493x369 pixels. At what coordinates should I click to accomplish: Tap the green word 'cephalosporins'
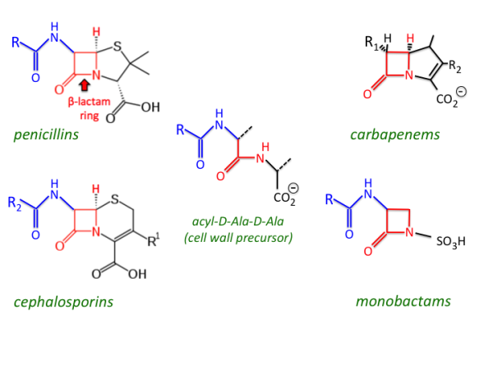point(63,302)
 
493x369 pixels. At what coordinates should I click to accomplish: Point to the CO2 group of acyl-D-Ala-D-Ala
point(286,198)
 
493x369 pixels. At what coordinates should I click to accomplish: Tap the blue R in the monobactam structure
point(329,199)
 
